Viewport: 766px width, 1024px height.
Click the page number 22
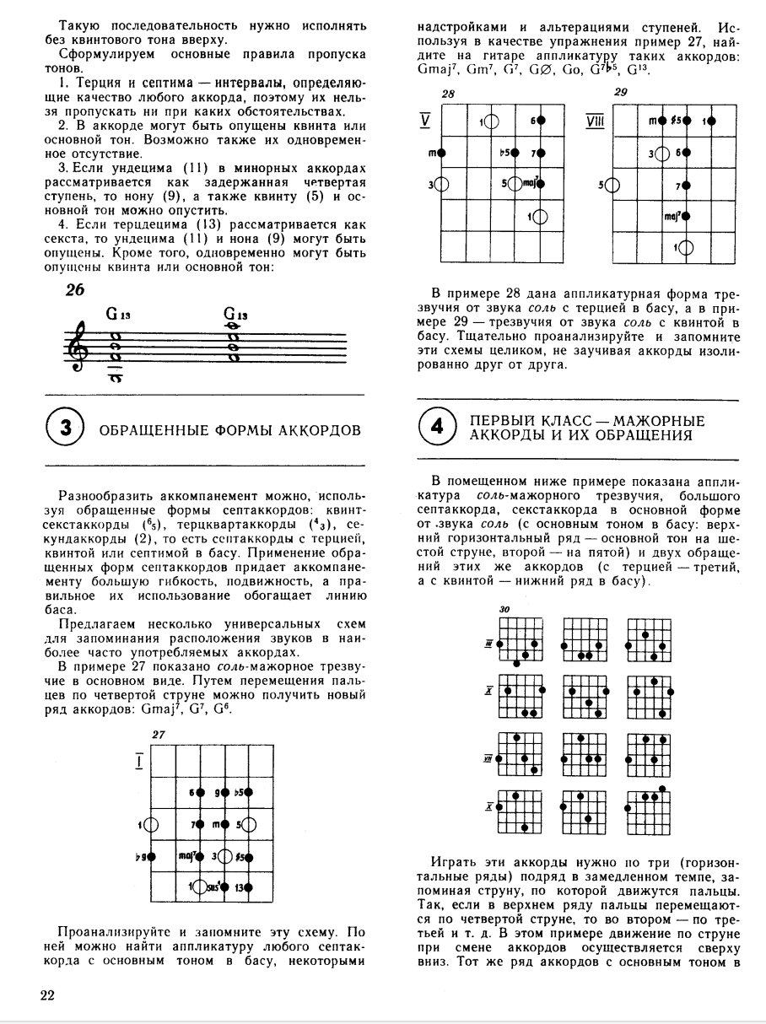click(47, 995)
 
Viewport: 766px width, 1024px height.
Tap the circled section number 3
click(67, 430)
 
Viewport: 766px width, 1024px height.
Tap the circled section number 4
click(437, 428)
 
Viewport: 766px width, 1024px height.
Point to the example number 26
click(75, 289)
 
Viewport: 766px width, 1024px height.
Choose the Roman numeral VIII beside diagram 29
click(596, 121)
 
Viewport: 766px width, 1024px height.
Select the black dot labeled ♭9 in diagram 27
click(152, 857)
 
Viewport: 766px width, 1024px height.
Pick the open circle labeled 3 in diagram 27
click(226, 856)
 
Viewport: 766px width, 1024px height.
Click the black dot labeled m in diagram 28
click(442, 153)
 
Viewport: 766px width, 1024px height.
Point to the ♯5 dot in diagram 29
click(688, 121)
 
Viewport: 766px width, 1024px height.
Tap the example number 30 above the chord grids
click(504, 609)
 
